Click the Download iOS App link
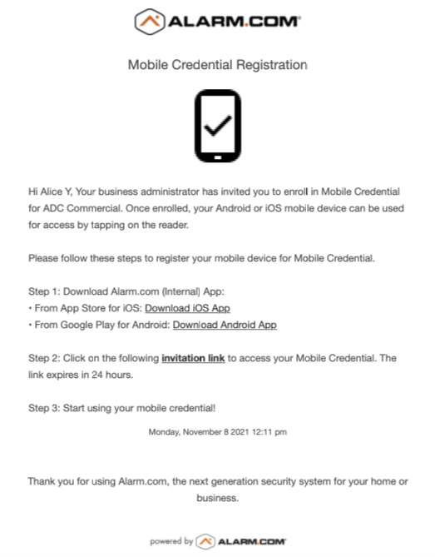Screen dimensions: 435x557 [187, 308]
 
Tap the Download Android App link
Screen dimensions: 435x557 [225, 325]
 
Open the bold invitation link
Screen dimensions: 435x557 [193, 358]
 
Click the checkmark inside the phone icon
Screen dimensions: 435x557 [217, 127]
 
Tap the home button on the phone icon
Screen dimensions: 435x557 [217, 157]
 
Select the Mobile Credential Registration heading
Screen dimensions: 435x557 [217, 64]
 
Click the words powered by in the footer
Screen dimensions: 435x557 [171, 541]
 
